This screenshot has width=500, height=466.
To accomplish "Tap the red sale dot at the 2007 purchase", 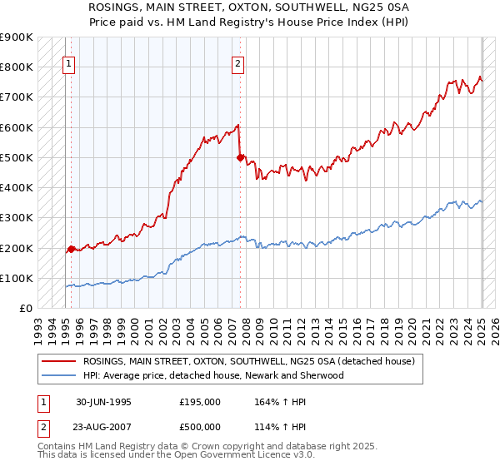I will (x=240, y=156).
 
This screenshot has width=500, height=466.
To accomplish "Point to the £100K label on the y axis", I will (x=17, y=278).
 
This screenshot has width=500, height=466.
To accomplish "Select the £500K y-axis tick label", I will (x=17, y=157).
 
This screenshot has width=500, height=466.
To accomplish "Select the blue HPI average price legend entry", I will (x=212, y=375).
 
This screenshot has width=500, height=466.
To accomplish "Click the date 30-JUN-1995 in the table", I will (x=103, y=402).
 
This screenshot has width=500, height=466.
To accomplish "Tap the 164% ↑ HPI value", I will (x=280, y=402).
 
